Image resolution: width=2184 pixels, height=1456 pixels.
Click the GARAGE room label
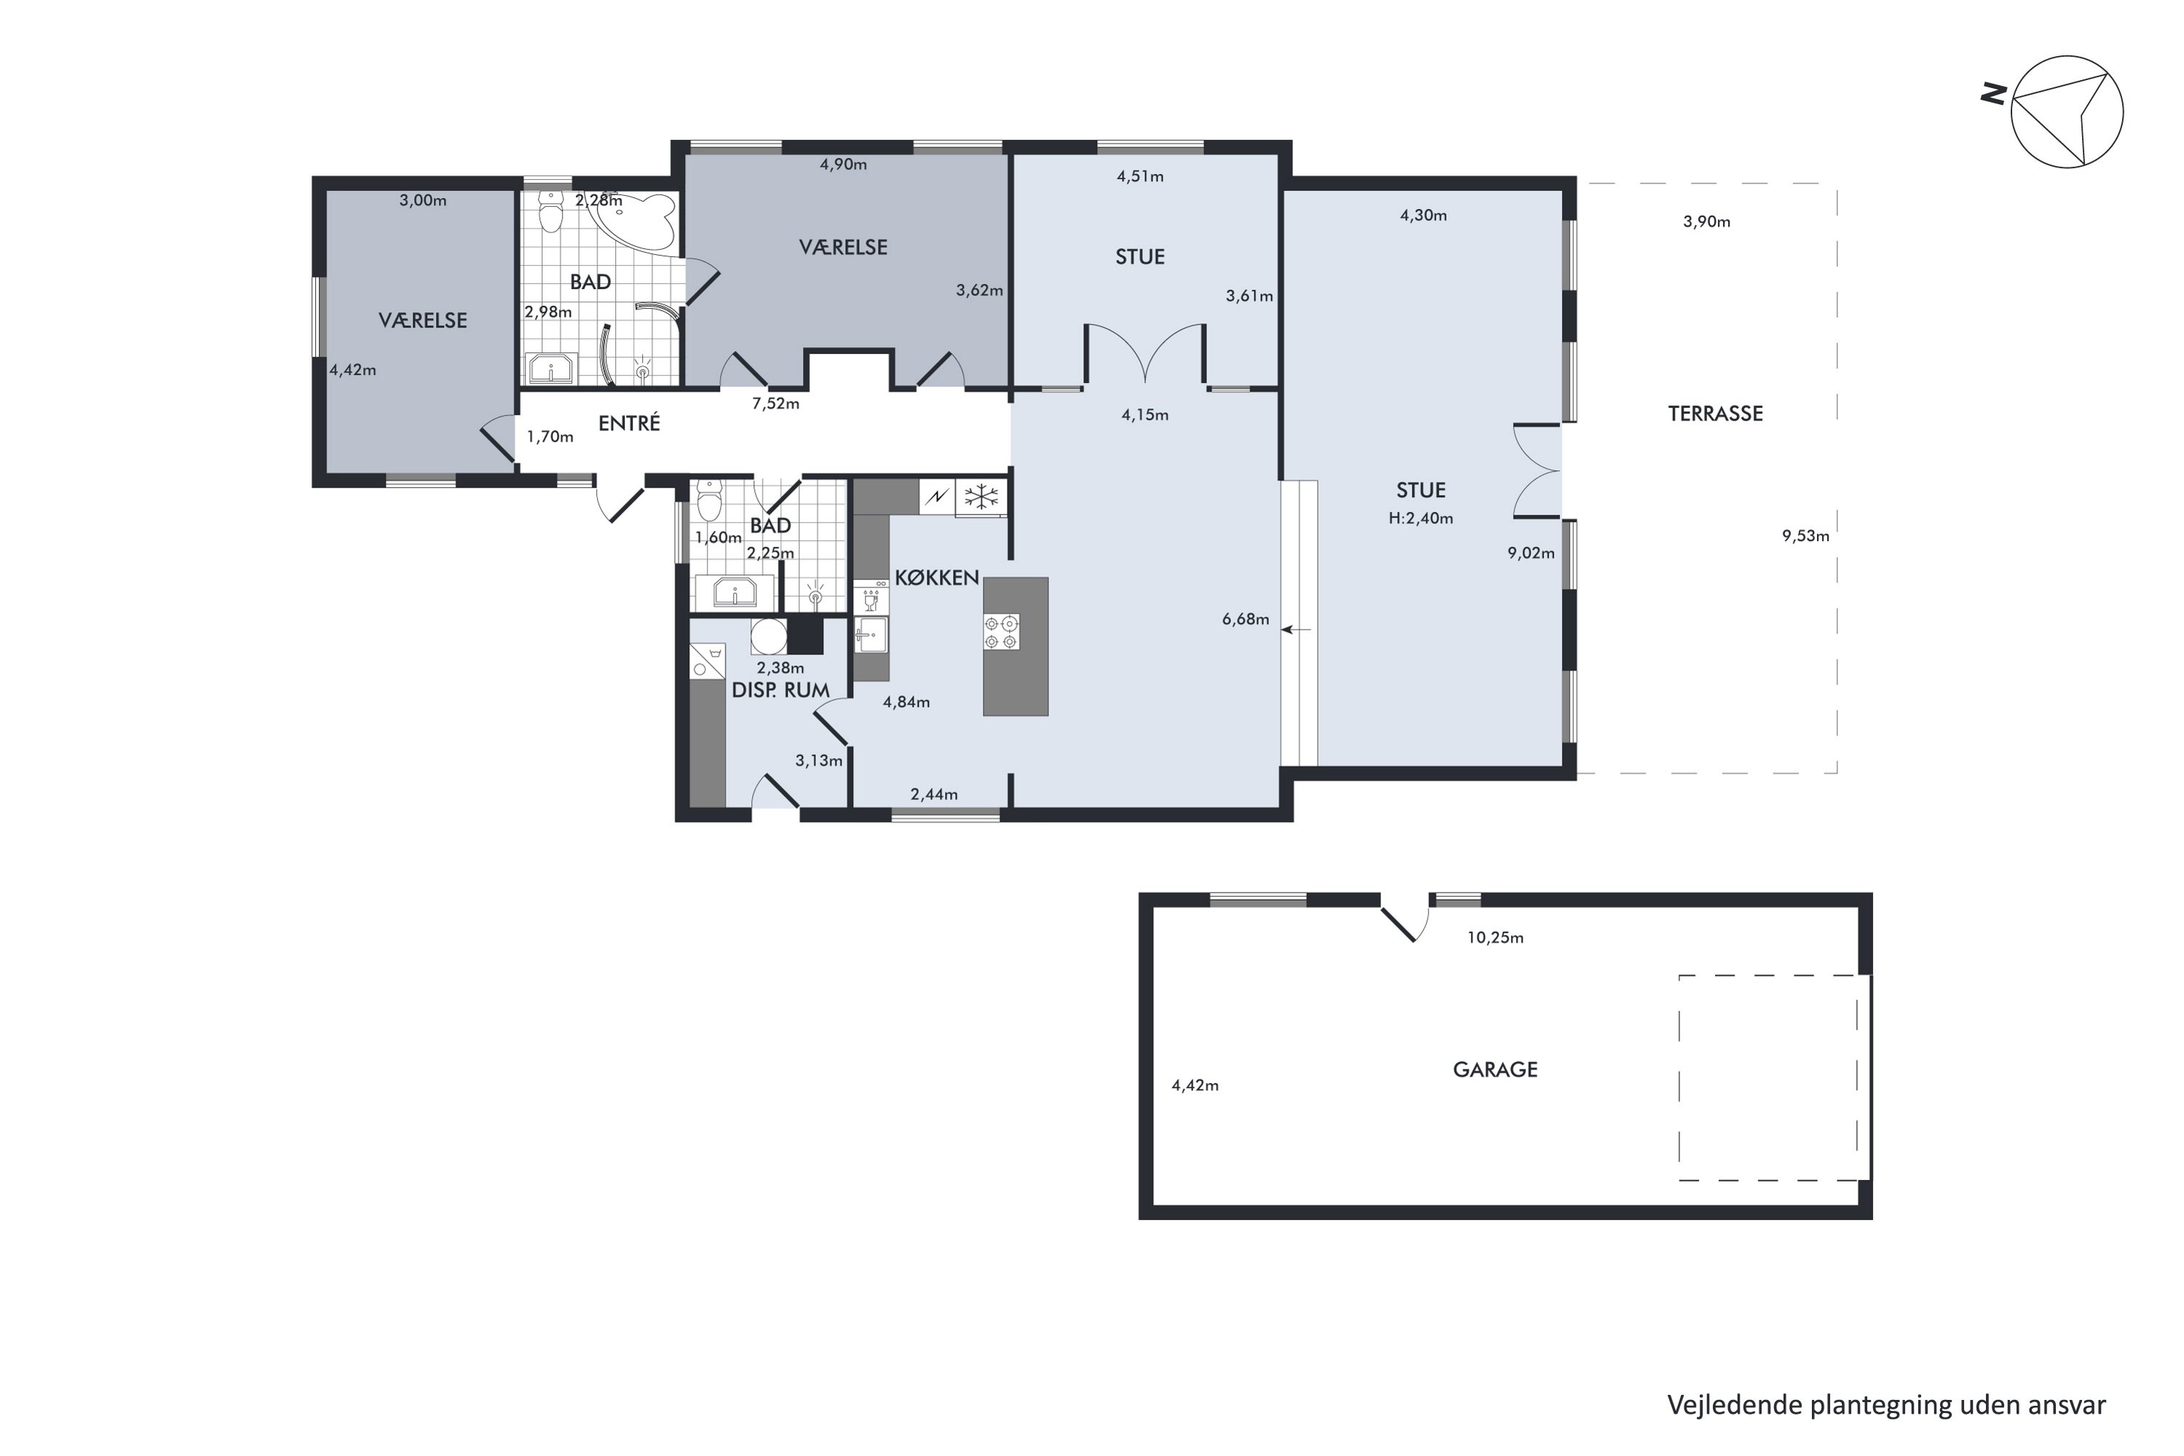tap(1495, 1069)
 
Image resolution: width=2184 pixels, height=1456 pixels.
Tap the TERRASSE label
tap(1715, 414)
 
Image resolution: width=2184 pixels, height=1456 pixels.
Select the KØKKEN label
tap(937, 577)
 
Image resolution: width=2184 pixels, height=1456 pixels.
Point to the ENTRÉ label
tap(630, 424)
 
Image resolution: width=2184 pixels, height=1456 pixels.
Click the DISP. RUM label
tap(781, 691)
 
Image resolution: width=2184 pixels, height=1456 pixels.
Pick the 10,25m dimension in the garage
tap(1495, 938)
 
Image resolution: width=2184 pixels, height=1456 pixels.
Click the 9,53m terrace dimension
tap(1805, 536)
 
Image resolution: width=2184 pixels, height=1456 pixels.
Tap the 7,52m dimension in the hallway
tap(775, 404)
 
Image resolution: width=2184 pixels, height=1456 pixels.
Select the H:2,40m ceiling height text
tap(1421, 518)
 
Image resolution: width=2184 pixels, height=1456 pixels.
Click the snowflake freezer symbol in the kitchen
tap(981, 496)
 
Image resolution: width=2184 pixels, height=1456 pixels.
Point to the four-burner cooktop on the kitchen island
tap(1002, 631)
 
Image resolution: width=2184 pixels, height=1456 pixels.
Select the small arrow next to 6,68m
tap(1297, 630)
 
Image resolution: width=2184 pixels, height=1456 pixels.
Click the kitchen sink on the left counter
tap(871, 635)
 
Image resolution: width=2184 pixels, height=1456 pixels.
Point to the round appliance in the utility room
tap(769, 637)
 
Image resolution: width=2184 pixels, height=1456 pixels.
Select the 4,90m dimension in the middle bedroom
tap(843, 165)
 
